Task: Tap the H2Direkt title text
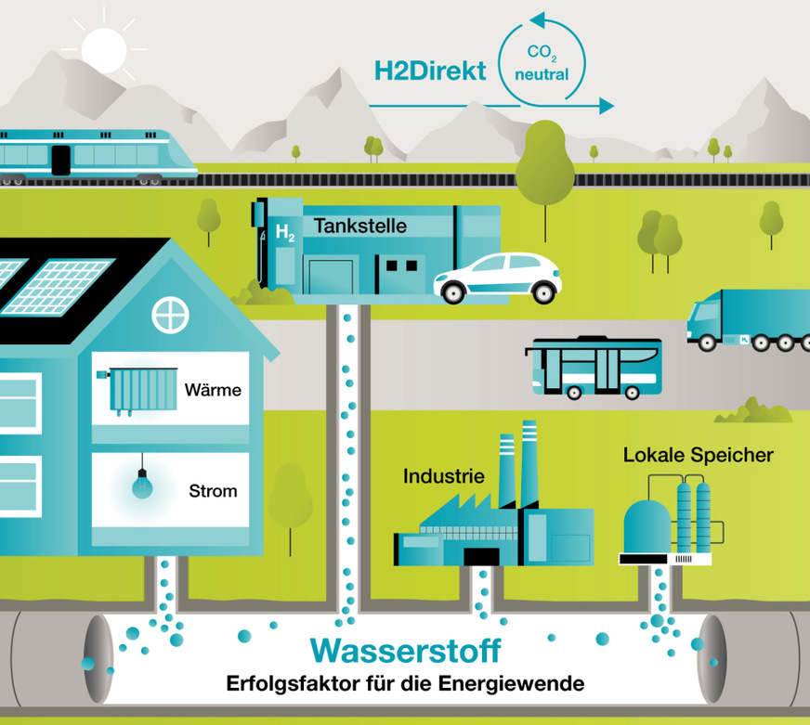point(430,71)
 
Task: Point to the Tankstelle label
point(359,226)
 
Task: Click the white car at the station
point(498,277)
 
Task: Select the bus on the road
point(594,368)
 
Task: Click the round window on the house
point(170,314)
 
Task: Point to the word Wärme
point(213,390)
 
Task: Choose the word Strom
point(213,491)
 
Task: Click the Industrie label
point(444,477)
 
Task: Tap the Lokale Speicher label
point(699,456)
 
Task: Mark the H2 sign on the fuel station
point(284,232)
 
